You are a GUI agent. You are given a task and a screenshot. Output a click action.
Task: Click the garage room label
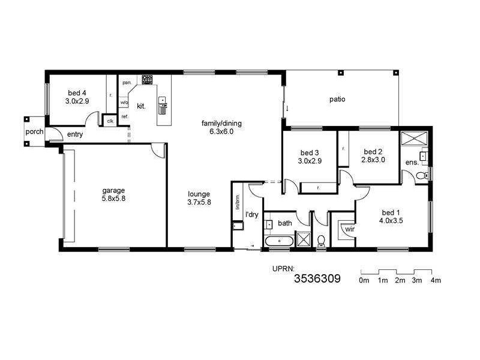[x=113, y=191]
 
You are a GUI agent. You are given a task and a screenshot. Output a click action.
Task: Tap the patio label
[x=337, y=100]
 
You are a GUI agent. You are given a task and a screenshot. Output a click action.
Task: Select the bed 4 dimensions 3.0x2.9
[x=77, y=101]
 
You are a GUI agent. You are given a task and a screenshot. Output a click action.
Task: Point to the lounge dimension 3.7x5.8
[x=199, y=203]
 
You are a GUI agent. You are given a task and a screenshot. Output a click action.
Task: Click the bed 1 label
[x=390, y=212]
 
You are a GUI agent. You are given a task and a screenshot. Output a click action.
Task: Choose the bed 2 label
[x=373, y=152]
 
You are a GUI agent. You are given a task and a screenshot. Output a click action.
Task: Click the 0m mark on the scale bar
[x=364, y=280]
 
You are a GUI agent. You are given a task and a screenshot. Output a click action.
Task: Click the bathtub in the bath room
[x=279, y=241]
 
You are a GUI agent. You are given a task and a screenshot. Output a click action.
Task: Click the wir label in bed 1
[x=349, y=229]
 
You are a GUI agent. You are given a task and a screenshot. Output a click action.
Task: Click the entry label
[x=75, y=134]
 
